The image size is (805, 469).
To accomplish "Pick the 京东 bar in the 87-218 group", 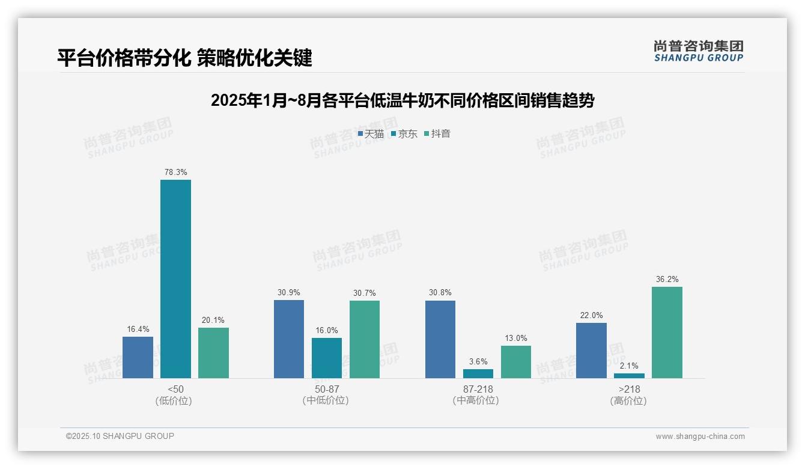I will tap(478, 373).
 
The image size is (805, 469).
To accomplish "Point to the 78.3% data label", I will tap(175, 173).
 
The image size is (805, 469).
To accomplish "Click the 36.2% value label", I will tap(667, 280).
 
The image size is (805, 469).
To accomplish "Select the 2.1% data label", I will tap(629, 366).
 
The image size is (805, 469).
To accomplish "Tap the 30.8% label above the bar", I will tap(440, 293).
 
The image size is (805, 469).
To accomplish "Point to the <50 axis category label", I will tap(175, 389).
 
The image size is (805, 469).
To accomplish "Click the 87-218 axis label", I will tap(478, 389).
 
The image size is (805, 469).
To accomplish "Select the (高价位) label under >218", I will tap(629, 400).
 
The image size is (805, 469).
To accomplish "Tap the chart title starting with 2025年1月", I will tap(402, 100).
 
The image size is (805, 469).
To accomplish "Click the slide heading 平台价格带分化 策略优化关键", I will tap(184, 58).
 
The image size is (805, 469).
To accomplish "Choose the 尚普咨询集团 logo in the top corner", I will tap(698, 51).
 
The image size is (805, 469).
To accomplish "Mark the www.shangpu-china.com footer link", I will tap(700, 437).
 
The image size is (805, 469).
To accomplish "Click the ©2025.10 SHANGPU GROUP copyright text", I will tap(120, 436).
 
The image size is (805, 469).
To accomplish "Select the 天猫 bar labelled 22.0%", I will tap(591, 351).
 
